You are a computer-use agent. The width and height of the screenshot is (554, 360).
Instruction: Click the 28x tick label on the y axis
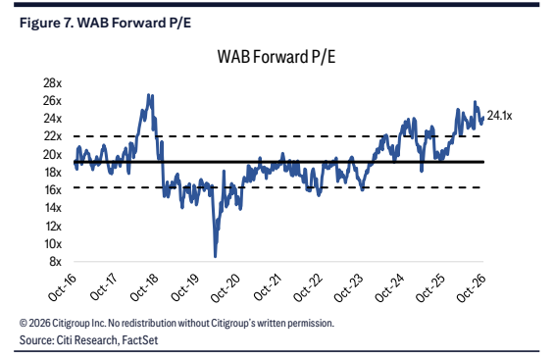(x=52, y=83)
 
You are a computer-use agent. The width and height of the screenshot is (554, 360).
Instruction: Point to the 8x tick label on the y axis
(x=55, y=262)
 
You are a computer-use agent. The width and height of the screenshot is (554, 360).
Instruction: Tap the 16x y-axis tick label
(x=52, y=189)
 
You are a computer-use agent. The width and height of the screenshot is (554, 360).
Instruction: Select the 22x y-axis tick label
(x=52, y=136)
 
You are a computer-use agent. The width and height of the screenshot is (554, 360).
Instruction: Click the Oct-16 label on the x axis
(x=63, y=288)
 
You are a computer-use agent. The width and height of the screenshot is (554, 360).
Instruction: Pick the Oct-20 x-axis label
(x=226, y=288)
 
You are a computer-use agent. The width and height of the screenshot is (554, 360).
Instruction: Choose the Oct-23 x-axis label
(x=348, y=288)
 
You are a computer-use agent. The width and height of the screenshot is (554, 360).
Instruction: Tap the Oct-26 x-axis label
(x=471, y=288)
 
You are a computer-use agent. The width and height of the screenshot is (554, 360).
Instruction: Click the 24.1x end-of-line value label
(x=499, y=116)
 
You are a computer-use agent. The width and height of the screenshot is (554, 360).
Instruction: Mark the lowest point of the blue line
(x=215, y=257)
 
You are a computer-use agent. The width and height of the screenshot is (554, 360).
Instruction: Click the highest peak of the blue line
(x=149, y=95)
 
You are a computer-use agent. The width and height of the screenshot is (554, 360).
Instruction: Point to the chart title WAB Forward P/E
(x=277, y=57)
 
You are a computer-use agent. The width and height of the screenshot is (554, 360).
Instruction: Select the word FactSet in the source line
(x=140, y=339)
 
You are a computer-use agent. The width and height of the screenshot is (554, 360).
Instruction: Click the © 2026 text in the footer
(x=34, y=323)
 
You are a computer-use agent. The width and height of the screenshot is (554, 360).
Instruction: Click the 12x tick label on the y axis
(x=53, y=226)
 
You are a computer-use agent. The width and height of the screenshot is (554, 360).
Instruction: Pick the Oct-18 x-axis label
(x=144, y=288)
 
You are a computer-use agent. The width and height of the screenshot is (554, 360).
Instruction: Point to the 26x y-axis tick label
(x=52, y=101)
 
